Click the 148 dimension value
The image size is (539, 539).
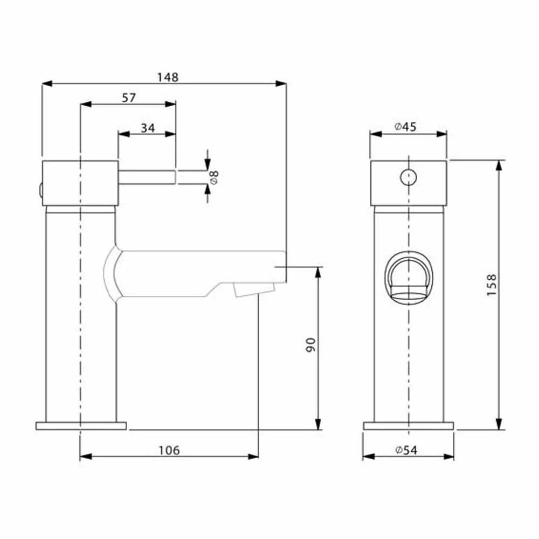point(168,77)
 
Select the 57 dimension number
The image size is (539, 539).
point(129,98)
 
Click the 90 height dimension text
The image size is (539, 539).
point(311,345)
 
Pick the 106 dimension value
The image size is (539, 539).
point(169,450)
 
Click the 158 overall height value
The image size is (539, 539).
point(492,285)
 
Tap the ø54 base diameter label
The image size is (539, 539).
point(406,450)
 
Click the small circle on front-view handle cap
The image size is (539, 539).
point(409,177)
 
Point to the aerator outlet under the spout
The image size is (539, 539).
point(253,290)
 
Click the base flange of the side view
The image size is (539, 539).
point(81,426)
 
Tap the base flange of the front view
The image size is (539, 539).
point(408,426)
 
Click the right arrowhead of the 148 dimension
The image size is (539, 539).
point(281,84)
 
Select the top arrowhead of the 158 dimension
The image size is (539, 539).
point(500,164)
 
